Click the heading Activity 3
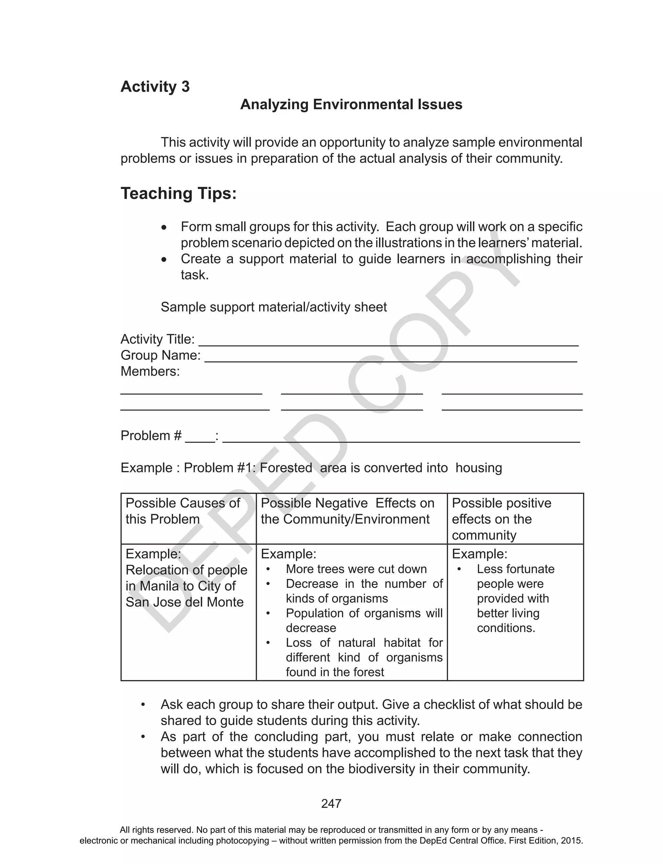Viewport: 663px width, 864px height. pos(155,87)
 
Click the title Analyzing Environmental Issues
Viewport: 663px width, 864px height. pos(351,105)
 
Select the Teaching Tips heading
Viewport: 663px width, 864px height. pos(178,194)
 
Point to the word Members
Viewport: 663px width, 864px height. pos(150,372)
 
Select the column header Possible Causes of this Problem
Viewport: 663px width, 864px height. pos(183,511)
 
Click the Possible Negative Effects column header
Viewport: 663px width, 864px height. pos(347,511)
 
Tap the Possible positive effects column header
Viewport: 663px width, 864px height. pos(501,519)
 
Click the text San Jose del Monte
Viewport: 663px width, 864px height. pos(184,602)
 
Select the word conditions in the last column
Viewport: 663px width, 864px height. pos(506,628)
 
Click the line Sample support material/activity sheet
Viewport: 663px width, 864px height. pos(274,307)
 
